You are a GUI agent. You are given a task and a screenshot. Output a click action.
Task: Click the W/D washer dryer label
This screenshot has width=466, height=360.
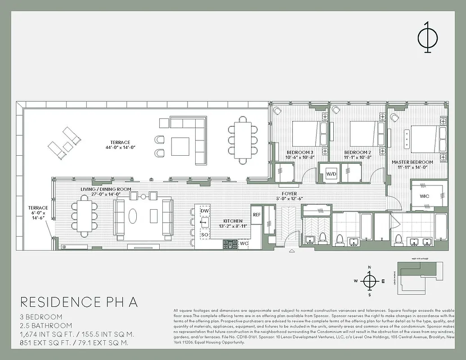pos(332,173)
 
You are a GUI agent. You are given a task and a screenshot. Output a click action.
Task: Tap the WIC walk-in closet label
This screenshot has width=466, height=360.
pos(425,197)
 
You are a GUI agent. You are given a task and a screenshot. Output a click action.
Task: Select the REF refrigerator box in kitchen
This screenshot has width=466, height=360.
pos(257,215)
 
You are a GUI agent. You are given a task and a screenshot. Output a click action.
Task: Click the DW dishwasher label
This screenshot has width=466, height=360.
pos(205,211)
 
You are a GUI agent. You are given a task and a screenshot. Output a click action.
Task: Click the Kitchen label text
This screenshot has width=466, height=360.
pos(233,221)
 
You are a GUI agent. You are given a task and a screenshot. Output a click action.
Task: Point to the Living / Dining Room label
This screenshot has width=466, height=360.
pos(106,189)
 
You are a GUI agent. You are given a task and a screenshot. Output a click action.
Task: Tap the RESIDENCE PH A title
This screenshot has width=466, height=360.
pos(79,302)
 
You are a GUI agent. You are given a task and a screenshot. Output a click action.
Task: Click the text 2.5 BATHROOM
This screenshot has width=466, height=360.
pos(46,325)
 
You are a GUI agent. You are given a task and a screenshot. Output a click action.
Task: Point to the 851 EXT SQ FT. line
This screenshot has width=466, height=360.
pos(74,343)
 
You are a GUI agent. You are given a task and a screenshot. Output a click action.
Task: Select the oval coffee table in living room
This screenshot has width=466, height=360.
pos(134,216)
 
